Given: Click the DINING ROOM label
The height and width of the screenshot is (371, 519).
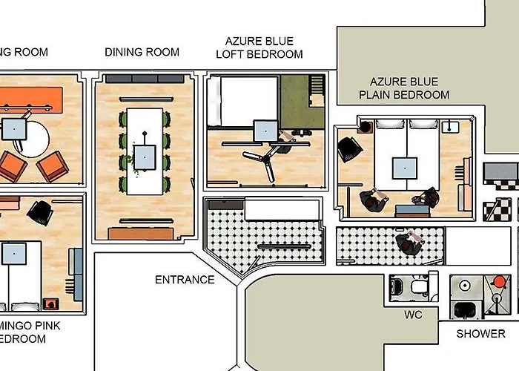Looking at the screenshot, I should click(142, 52).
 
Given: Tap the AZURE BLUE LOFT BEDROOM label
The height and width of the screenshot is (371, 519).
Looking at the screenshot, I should click(259, 47).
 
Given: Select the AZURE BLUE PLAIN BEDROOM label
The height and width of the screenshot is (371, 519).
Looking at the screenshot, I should click(404, 88).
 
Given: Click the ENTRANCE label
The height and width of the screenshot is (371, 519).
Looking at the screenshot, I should click(185, 280).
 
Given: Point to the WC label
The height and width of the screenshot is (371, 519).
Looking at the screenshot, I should click(413, 315).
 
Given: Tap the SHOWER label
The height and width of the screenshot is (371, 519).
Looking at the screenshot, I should click(480, 334).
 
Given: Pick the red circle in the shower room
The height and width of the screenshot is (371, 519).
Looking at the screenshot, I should click(497, 283).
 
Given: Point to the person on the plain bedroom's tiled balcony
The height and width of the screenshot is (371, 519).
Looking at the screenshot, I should click(408, 241).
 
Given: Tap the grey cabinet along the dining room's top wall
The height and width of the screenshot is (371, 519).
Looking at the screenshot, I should click(143, 78).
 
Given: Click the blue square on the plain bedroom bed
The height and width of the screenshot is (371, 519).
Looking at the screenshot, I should click(405, 167).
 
